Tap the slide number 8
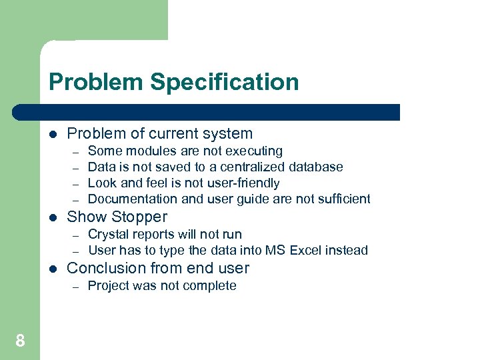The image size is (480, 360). (x=20, y=341)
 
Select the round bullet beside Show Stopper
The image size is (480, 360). (x=53, y=217)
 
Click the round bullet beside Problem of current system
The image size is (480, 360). (x=53, y=134)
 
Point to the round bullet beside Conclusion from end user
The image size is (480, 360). (x=53, y=269)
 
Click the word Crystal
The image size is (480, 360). (x=107, y=235)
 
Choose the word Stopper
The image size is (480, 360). (x=140, y=217)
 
